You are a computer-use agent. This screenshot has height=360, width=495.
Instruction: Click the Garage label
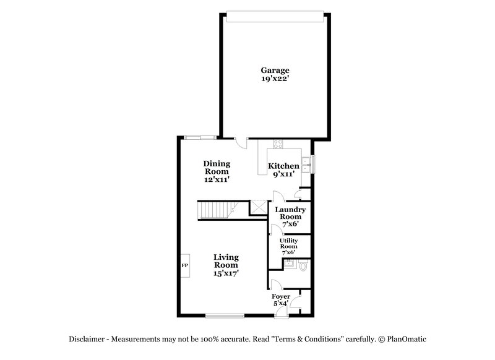coord(275,71)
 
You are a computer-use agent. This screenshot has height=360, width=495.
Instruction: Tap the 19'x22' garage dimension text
coord(275,79)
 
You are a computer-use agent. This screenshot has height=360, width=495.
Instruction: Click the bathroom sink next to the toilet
coord(288,264)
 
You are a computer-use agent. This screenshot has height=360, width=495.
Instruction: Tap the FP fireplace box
coord(184,266)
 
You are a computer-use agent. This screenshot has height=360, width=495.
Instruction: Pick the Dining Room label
coord(217,168)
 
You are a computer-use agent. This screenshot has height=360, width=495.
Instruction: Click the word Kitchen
coord(283,166)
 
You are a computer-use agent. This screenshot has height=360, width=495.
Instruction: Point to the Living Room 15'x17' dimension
coord(226,273)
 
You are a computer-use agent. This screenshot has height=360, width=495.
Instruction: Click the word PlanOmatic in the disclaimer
coord(406,339)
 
